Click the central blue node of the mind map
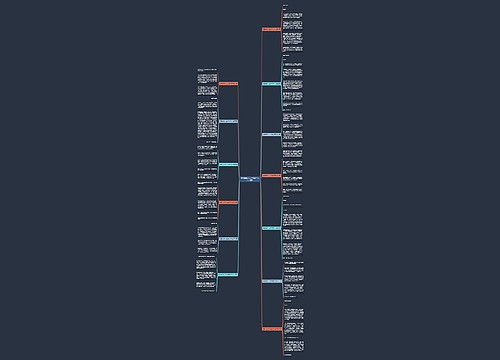click(x=250, y=180)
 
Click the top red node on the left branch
click(x=228, y=83)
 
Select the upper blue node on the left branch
click(x=228, y=121)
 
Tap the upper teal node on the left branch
click(x=228, y=164)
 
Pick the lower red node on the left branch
click(x=228, y=202)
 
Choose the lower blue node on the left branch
click(x=228, y=239)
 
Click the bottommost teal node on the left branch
click(x=228, y=274)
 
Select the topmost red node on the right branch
click(x=271, y=28)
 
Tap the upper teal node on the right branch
click(x=271, y=83)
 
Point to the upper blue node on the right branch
click(x=271, y=133)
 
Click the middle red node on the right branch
click(x=271, y=176)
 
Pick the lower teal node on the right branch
click(x=271, y=228)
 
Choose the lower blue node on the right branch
click(x=271, y=281)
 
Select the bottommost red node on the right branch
click(x=271, y=329)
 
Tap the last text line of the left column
click(x=207, y=291)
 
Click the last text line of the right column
click(x=291, y=351)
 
